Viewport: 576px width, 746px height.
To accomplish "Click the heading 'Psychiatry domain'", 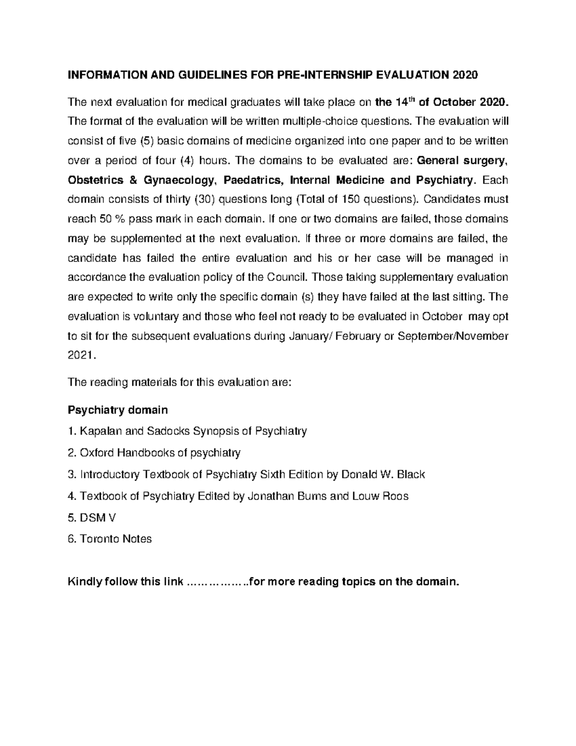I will tap(118, 410).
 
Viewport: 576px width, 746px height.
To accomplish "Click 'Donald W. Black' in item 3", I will tap(383, 475).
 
